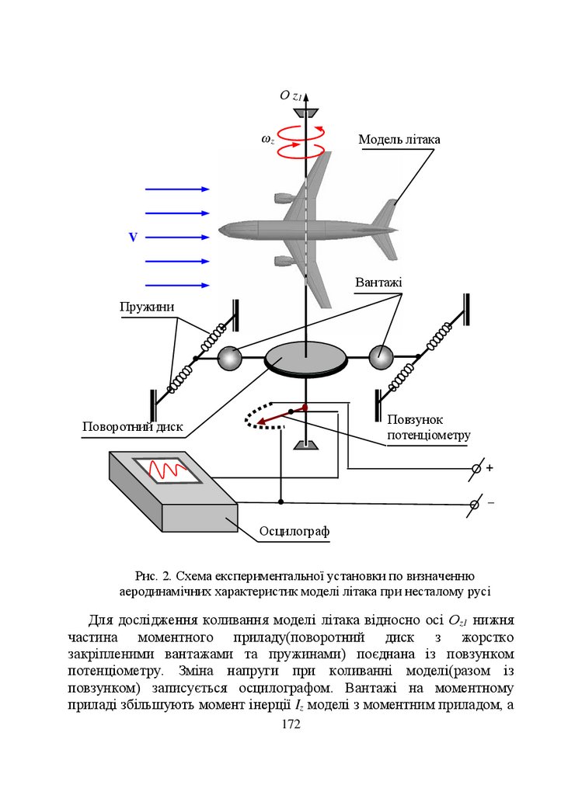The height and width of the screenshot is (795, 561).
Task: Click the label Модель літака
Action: (x=399, y=140)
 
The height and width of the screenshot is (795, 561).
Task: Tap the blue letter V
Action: (x=133, y=238)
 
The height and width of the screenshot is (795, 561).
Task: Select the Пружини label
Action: (x=146, y=307)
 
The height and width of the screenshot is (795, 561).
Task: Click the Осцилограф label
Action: (x=294, y=531)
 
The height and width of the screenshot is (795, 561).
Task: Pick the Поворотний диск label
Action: (x=132, y=427)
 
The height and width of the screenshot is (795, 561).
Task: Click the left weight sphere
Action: (x=230, y=358)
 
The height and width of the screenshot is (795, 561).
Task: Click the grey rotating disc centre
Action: (x=306, y=358)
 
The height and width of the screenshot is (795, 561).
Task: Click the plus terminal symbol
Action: (x=490, y=468)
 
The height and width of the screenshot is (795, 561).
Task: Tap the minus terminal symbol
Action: (x=490, y=503)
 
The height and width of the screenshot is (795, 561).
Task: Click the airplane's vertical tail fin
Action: (x=386, y=214)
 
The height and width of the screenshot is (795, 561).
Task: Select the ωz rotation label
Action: (x=267, y=139)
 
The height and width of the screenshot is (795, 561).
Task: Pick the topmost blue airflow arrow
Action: (x=178, y=189)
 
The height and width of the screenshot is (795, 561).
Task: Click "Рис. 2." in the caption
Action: (x=153, y=575)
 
